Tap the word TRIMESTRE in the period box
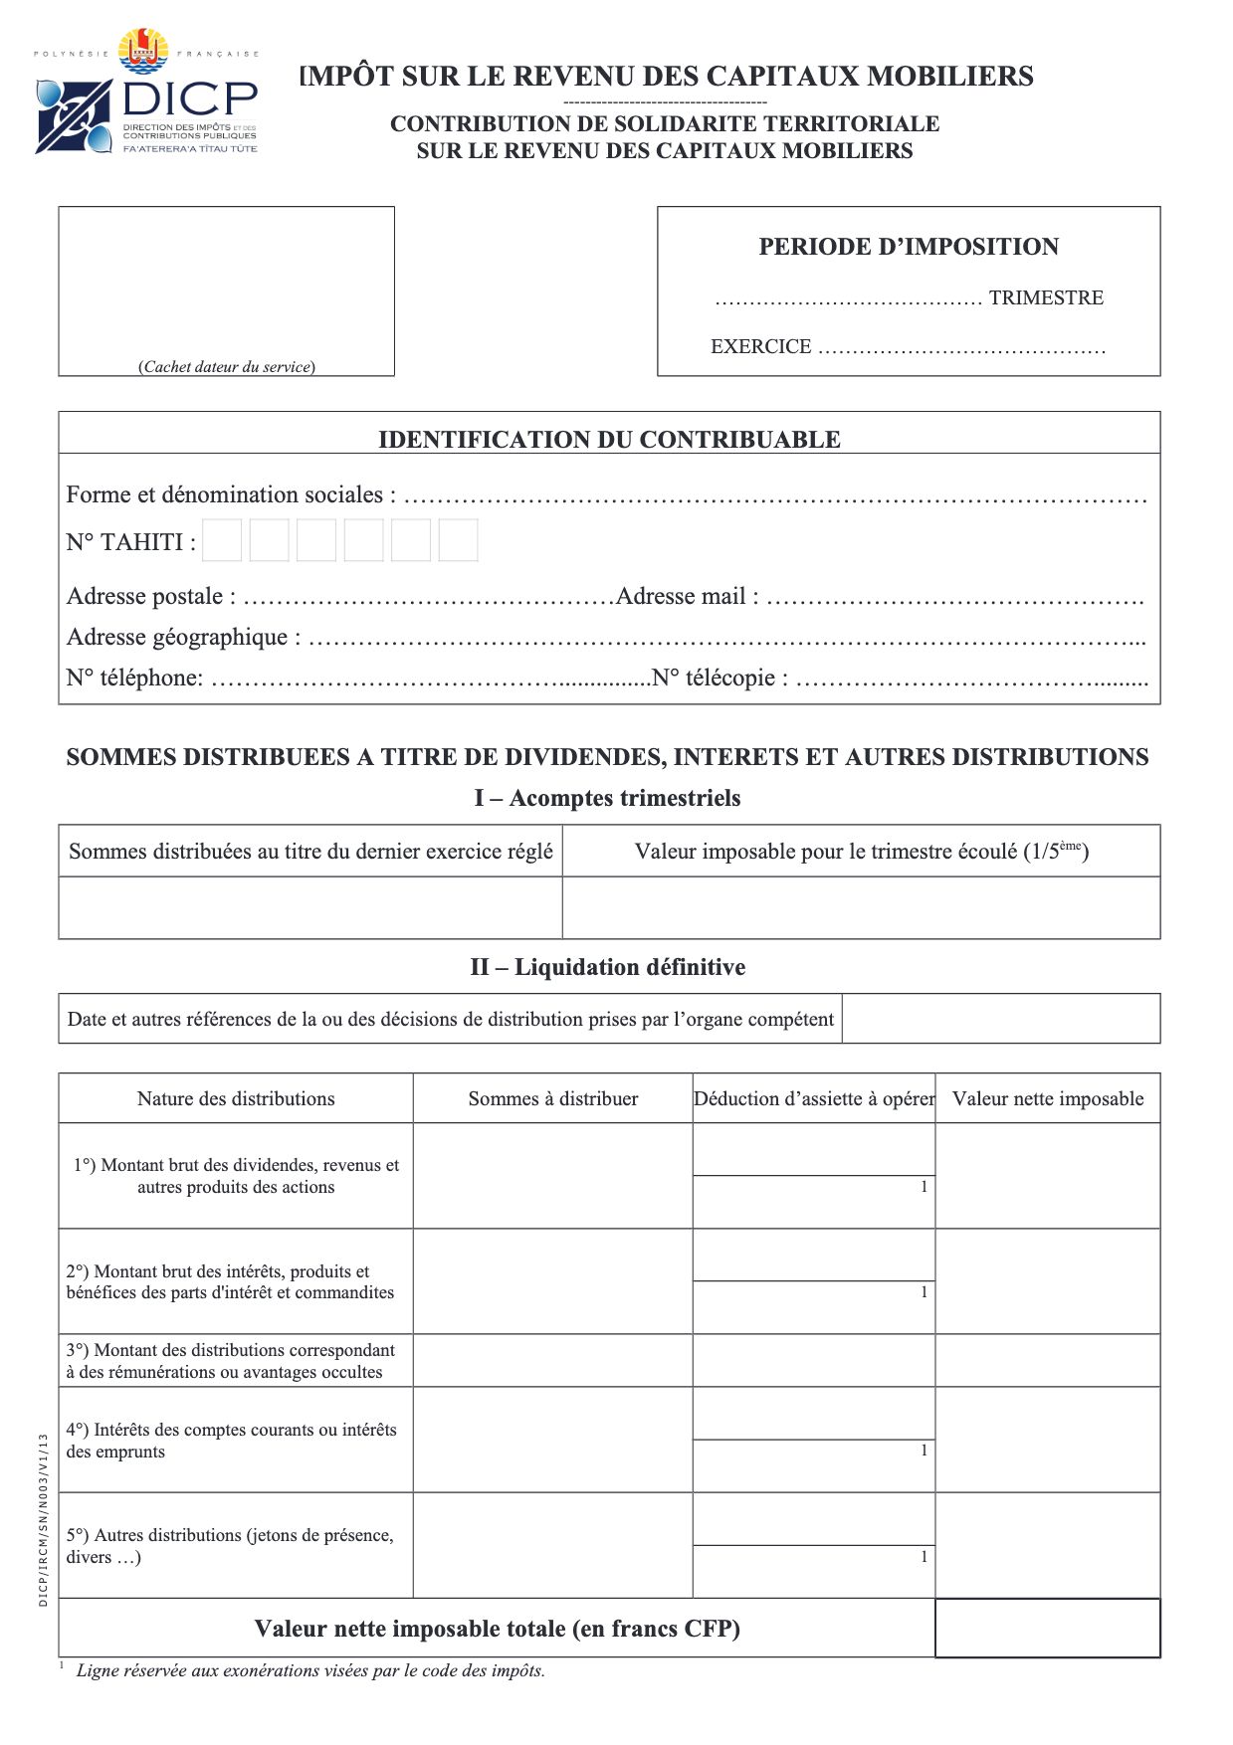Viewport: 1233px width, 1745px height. (1045, 297)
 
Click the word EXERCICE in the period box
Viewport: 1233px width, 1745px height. (760, 346)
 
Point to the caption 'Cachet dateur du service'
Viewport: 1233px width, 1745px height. (227, 366)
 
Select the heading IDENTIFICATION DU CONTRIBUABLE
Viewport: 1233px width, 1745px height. (609, 439)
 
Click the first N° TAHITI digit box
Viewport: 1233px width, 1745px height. (222, 540)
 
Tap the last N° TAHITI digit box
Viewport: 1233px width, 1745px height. (458, 540)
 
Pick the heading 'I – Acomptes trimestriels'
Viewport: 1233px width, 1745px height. (607, 798)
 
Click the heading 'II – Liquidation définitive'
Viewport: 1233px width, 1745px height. (607, 967)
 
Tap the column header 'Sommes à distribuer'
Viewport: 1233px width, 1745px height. (552, 1098)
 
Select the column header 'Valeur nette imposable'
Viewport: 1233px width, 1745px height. (1047, 1098)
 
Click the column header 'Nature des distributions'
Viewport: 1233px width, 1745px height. (236, 1098)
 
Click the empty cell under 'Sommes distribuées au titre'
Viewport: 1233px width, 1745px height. (309, 907)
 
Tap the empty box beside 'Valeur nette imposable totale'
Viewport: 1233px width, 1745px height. (1047, 1628)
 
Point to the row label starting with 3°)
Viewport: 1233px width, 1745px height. (231, 1361)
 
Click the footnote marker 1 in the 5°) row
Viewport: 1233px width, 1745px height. (924, 1556)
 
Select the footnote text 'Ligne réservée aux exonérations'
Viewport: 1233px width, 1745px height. (310, 1670)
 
